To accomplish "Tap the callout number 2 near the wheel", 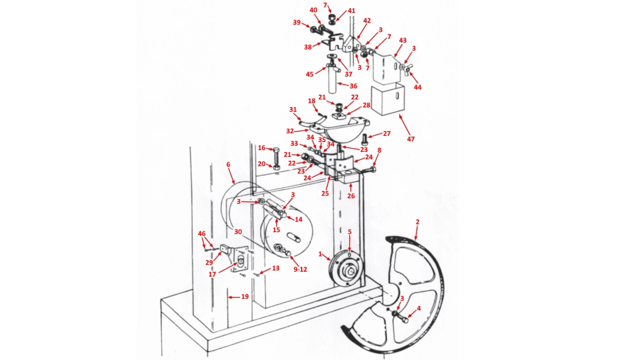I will pyautogui.click(x=418, y=221).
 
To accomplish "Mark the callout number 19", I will pyautogui.click(x=245, y=297).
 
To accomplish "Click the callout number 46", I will pyautogui.click(x=201, y=234).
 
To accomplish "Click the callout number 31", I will pyautogui.click(x=293, y=110).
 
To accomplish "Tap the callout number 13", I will pyautogui.click(x=276, y=269).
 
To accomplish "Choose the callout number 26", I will pyautogui.click(x=350, y=196).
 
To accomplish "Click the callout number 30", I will pyautogui.click(x=238, y=232).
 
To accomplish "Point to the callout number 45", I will pyautogui.click(x=310, y=74).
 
